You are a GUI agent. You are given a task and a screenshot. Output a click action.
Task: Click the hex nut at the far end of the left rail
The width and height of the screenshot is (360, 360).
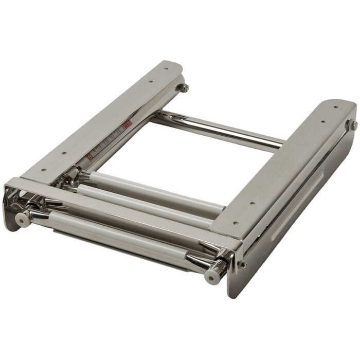184,88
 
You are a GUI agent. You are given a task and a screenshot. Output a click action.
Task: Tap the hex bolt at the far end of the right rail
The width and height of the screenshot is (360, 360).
354,125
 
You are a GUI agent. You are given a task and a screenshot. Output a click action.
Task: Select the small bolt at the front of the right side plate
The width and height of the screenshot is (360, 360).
243,265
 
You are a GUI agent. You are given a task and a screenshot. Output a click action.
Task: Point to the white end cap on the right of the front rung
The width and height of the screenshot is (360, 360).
211,277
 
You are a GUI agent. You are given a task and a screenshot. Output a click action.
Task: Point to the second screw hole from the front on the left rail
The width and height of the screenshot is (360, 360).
63,153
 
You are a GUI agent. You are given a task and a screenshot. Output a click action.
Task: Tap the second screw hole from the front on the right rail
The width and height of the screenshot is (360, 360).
252,204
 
